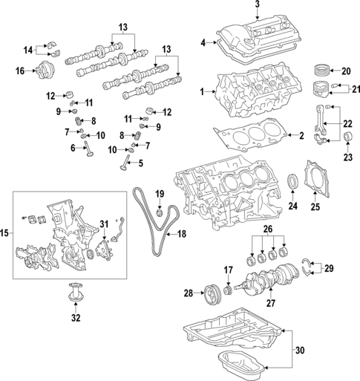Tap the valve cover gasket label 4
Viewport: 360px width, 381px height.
203,44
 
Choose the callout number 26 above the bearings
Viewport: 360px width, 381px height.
269,228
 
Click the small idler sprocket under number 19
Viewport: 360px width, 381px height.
158,214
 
